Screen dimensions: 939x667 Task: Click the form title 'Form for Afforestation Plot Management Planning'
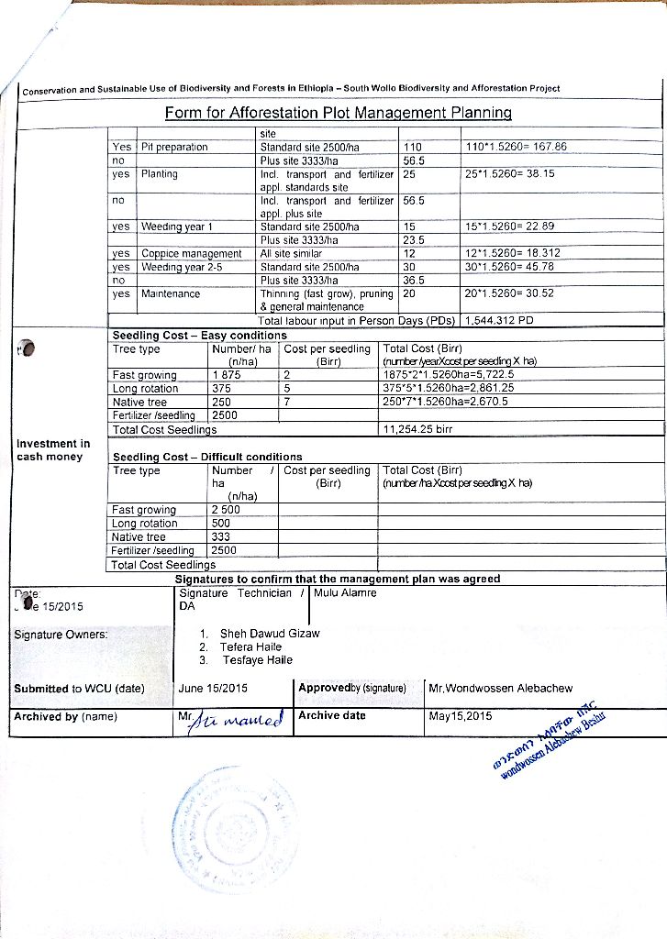[338, 113]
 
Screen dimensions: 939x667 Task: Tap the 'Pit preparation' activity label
[174, 147]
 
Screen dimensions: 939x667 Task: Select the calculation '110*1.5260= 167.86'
[517, 147]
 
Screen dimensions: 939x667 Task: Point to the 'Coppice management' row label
[191, 253]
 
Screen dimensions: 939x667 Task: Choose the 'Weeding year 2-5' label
[182, 267]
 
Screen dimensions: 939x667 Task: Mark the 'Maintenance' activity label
[170, 294]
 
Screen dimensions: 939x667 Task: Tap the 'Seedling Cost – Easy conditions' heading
[199, 336]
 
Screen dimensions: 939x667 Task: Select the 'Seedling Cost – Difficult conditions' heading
[206, 457]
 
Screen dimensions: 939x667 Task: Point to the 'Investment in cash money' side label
[53, 450]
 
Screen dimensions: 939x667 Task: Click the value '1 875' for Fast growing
[227, 375]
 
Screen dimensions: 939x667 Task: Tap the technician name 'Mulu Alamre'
[345, 592]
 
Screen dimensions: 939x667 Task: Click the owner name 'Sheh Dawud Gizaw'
[270, 634]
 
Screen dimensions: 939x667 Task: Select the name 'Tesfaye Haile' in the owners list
[258, 660]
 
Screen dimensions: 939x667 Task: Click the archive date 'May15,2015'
[460, 716]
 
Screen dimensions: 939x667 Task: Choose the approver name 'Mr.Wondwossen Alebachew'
[501, 689]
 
